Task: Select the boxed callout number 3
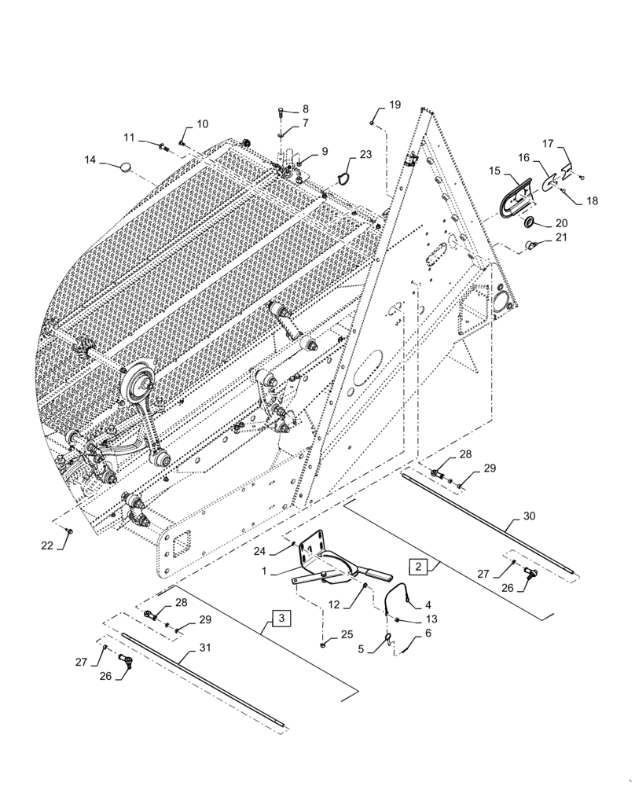(x=281, y=616)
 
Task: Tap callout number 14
(x=91, y=160)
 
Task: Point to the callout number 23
(x=366, y=156)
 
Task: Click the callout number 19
(x=394, y=105)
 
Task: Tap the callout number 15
(x=494, y=171)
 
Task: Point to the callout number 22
(x=47, y=545)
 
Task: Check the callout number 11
(x=130, y=138)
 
